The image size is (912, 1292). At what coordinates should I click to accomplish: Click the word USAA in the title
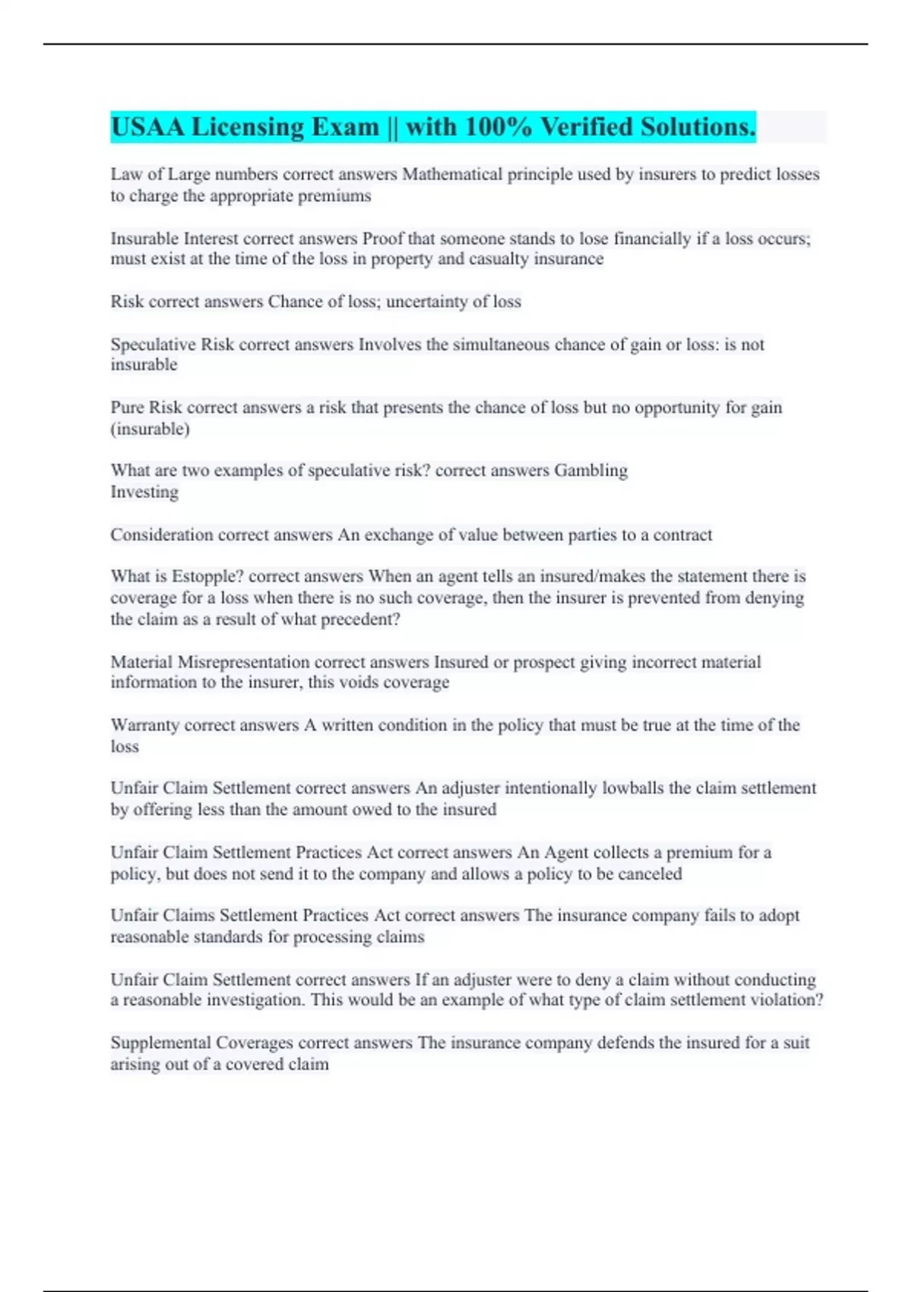[x=147, y=127]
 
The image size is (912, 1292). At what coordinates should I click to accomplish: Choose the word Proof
[x=382, y=239]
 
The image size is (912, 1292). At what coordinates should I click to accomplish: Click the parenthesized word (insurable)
[x=150, y=429]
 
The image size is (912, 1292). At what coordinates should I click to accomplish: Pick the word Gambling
[x=591, y=470]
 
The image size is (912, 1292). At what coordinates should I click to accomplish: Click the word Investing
[x=144, y=492]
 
